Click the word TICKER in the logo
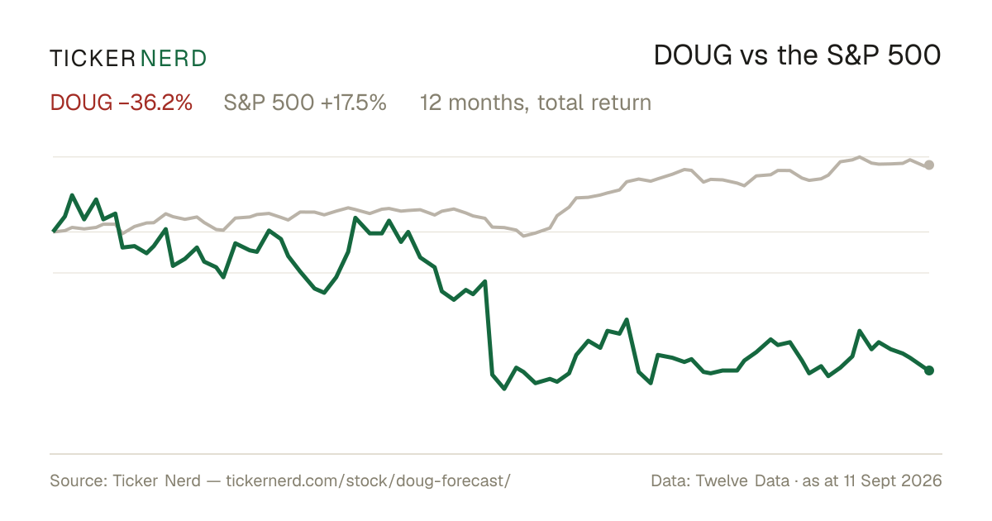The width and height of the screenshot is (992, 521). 93,59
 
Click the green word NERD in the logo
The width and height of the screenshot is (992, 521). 174,59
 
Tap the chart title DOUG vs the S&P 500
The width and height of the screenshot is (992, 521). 797,55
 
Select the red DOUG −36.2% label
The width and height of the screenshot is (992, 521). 122,103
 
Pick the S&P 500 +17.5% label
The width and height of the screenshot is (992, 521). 305,103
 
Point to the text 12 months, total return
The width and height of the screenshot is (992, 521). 536,103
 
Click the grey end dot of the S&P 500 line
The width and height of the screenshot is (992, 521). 929,165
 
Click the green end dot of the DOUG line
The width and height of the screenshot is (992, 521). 929,370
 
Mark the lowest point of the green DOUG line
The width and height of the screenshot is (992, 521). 504,389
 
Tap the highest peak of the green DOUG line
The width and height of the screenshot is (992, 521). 72,195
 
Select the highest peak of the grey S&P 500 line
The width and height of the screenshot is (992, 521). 860,157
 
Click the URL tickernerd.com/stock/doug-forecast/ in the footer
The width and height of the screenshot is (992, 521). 369,480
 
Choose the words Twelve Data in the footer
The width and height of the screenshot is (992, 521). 742,480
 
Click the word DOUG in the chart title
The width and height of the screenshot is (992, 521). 693,55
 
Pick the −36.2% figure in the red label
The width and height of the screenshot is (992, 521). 155,103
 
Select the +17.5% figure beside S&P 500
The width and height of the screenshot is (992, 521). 354,103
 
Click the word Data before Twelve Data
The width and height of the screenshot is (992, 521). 670,480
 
